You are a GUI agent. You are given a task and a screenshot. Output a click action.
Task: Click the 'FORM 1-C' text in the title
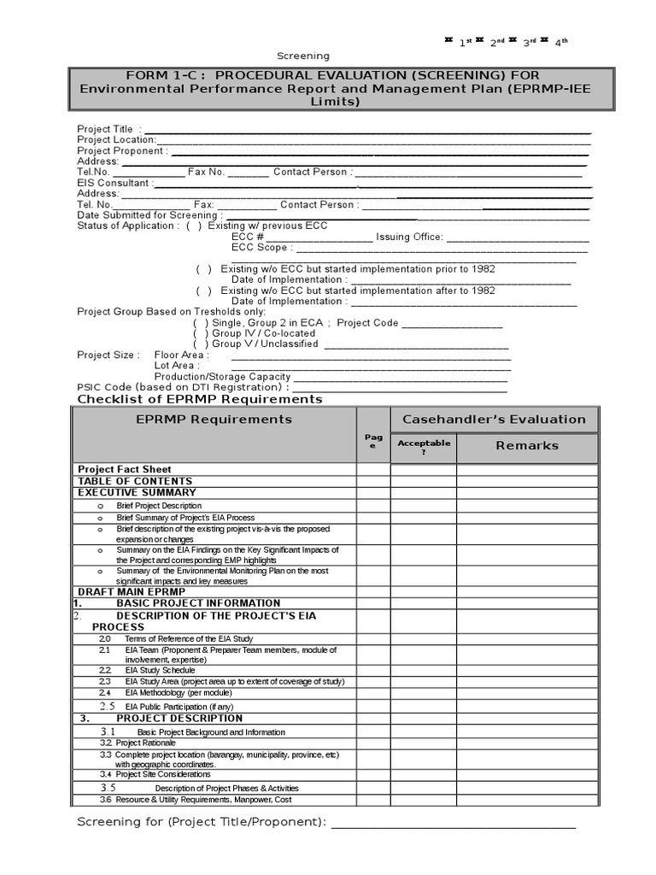click(157, 76)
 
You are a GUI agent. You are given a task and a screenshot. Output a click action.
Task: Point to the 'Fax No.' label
click(206, 172)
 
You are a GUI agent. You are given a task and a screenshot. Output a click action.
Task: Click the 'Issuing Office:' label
click(409, 238)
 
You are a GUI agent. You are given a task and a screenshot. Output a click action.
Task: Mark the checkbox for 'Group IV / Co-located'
click(201, 333)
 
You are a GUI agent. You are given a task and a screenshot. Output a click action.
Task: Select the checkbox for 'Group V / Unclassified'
click(201, 344)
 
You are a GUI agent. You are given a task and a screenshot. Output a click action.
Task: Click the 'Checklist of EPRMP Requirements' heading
click(200, 399)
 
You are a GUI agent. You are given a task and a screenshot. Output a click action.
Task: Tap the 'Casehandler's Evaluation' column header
click(494, 420)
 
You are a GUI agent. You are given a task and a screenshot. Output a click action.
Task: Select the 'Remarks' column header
click(527, 445)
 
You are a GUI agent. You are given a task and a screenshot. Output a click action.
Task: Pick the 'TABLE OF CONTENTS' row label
click(135, 481)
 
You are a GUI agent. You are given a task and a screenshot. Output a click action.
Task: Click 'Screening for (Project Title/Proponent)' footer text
click(202, 823)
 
